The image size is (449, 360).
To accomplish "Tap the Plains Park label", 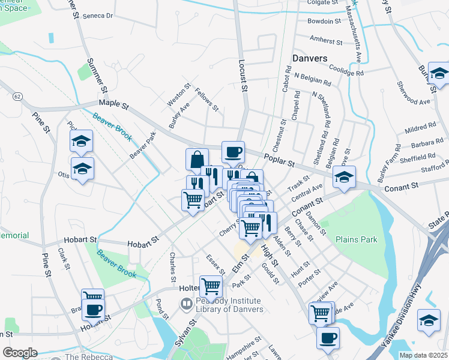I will pos(356,239).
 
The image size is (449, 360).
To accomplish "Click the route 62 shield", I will pos(18,95).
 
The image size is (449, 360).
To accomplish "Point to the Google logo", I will pos(20,353).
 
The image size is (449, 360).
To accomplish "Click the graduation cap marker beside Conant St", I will pos(344,177).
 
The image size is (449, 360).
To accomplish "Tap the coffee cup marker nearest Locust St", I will pos(233,152).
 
